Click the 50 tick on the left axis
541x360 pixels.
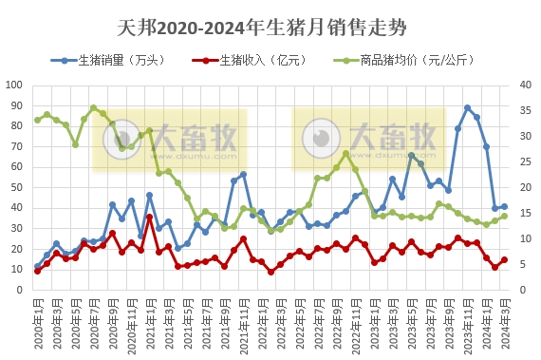[17, 187]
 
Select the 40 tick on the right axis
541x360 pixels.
[523, 85]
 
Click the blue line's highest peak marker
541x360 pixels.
[467, 108]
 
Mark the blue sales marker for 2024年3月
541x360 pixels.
[504, 206]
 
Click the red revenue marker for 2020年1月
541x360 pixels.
[38, 271]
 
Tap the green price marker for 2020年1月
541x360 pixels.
[38, 120]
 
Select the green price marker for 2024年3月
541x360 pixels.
[504, 216]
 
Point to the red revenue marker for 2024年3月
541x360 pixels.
[504, 259]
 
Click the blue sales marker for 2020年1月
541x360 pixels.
[38, 266]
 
